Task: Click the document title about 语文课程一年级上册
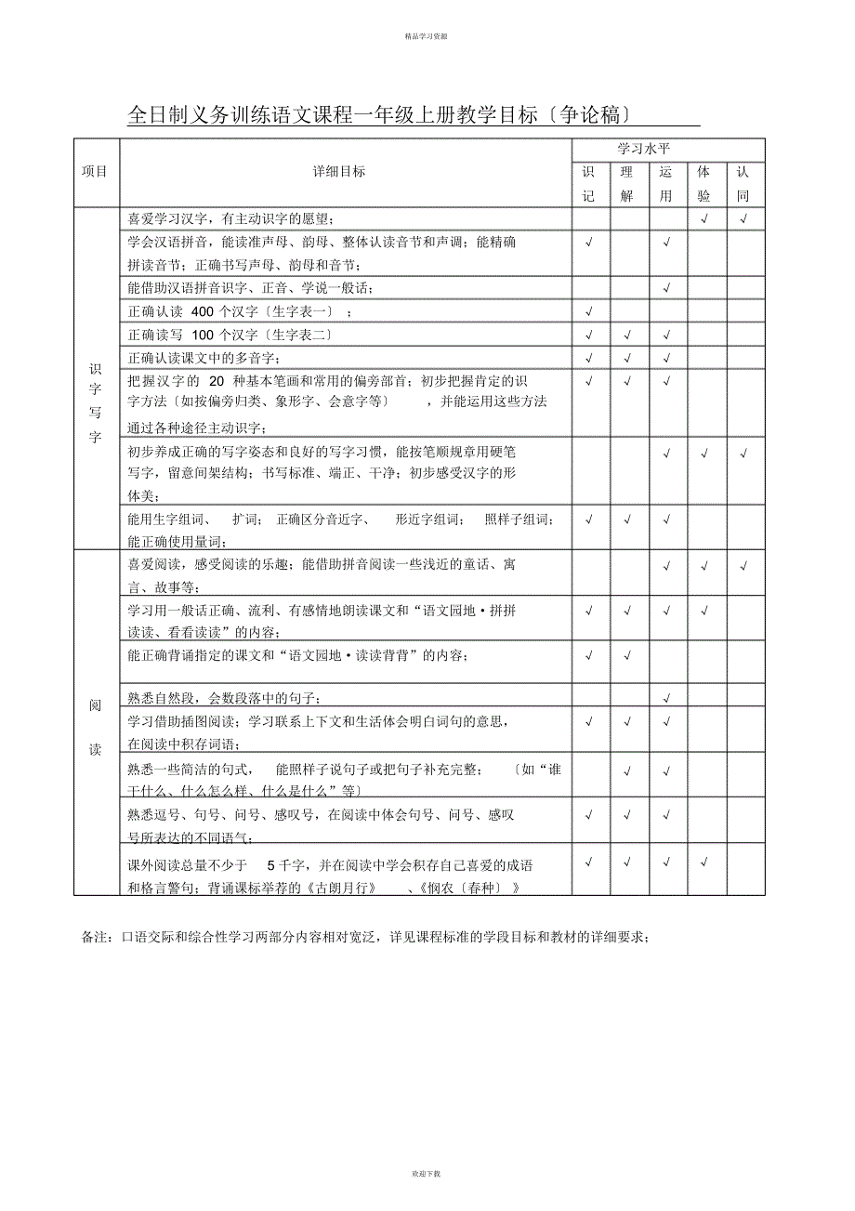[381, 115]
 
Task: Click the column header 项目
[95, 172]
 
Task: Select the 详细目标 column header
[339, 172]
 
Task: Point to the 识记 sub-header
[588, 184]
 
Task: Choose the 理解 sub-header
[627, 184]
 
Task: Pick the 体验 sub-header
[704, 184]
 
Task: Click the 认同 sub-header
[743, 184]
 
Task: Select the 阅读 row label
[95, 728]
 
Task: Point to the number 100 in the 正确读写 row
[202, 335]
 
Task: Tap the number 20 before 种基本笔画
[217, 381]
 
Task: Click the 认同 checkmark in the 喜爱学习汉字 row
[744, 219]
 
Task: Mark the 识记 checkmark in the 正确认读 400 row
[589, 311]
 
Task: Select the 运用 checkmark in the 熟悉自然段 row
[666, 698]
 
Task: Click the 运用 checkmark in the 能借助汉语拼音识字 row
[666, 288]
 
